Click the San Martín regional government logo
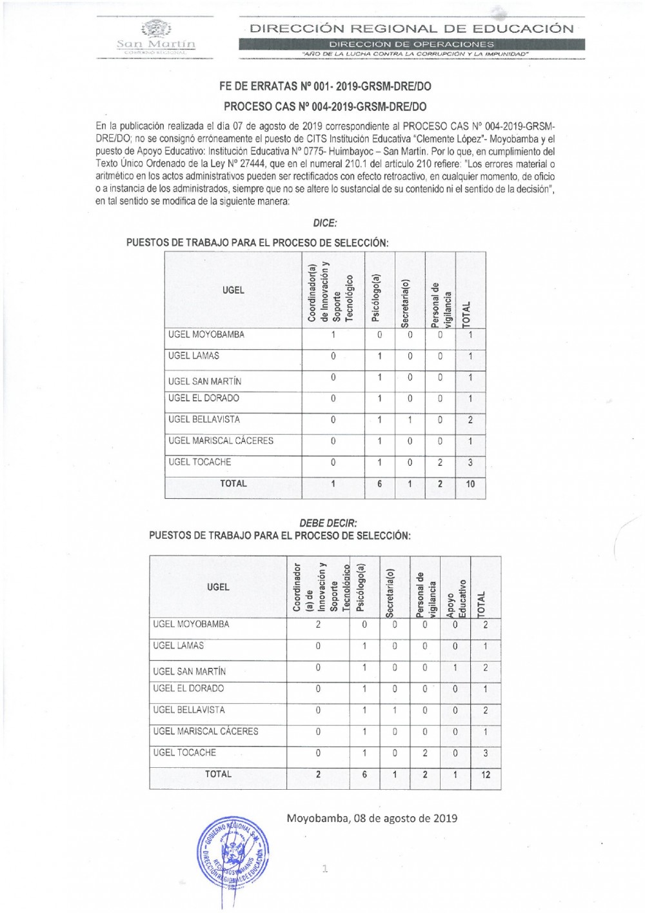(x=155, y=36)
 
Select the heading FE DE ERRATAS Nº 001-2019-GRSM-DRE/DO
(x=325, y=86)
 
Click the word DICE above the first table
(x=324, y=223)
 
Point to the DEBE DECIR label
(x=328, y=523)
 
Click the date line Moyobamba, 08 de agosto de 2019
(x=372, y=818)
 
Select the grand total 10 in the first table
(x=470, y=484)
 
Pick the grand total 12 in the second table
(x=486, y=774)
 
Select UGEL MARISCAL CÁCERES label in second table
(x=205, y=731)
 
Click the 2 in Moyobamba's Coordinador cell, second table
(x=318, y=625)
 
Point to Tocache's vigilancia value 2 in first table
(x=440, y=463)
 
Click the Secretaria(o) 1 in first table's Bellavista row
(x=410, y=420)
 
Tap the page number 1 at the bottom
(x=325, y=868)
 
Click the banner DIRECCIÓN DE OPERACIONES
(x=412, y=44)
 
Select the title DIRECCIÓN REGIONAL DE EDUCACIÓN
(x=412, y=28)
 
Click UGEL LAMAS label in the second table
(x=178, y=645)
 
